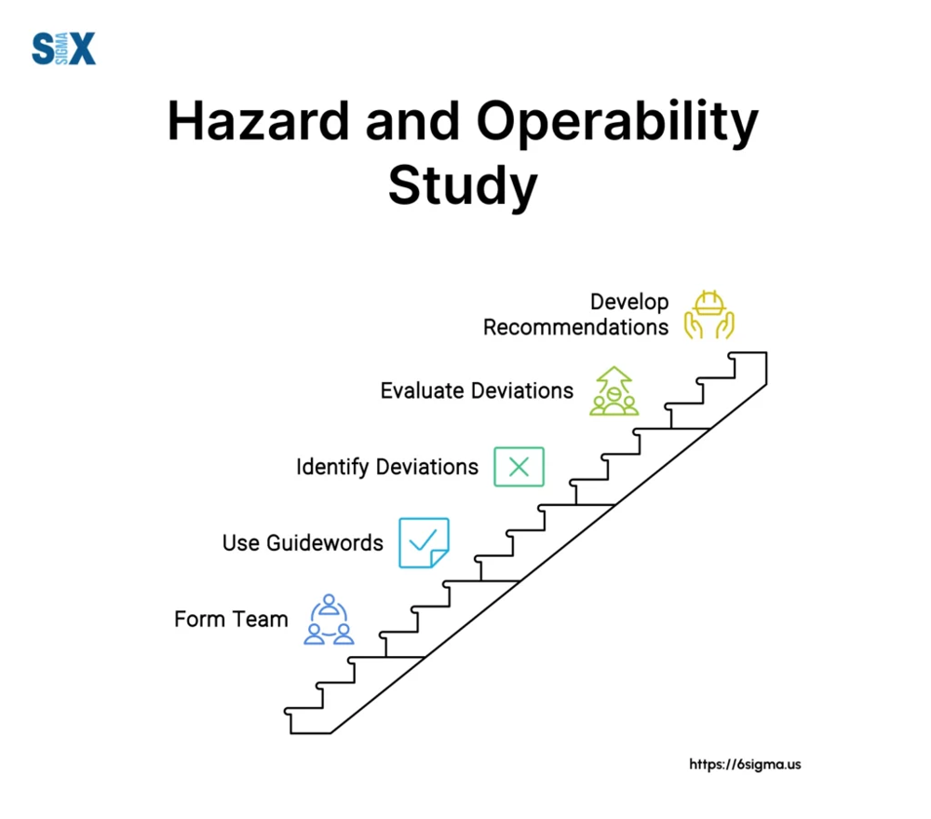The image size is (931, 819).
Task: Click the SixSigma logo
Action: point(63,48)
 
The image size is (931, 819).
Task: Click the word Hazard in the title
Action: point(258,121)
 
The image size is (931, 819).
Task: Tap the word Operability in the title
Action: point(617,124)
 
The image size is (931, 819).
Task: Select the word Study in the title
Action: point(463,186)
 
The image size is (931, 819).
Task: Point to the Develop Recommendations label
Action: point(576,314)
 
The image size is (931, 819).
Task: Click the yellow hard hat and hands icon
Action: point(708,314)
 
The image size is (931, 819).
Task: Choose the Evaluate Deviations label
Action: point(477,390)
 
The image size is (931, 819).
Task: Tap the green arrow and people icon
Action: point(614,390)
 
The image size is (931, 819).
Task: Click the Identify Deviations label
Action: point(387,467)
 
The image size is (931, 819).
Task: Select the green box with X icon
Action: point(519,467)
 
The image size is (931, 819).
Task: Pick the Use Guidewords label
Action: point(303,542)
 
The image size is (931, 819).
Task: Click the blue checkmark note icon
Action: point(424,542)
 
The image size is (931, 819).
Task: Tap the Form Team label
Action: point(231,620)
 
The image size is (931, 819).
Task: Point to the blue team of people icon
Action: point(329,620)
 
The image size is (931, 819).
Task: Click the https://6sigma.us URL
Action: point(745,764)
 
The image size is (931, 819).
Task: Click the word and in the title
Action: point(412,121)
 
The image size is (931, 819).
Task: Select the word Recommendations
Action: point(576,327)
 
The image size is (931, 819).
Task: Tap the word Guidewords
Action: point(325,542)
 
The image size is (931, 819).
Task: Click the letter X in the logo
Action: point(83,48)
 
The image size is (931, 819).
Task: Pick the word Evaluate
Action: point(422,390)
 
